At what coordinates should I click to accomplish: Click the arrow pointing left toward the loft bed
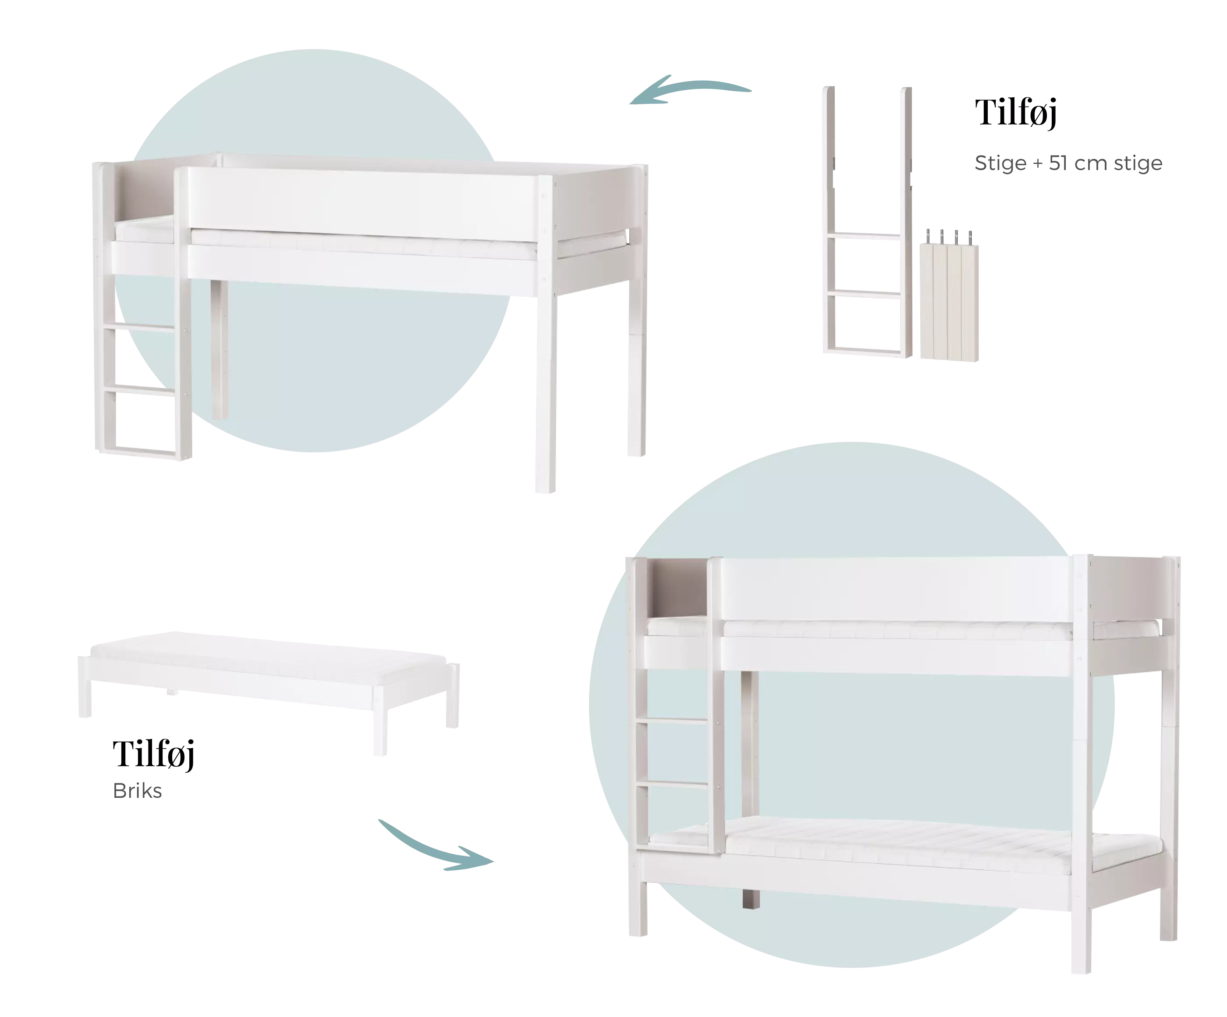click(x=689, y=88)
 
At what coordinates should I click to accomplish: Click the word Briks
click(x=137, y=791)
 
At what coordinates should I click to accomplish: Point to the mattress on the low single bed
click(x=269, y=658)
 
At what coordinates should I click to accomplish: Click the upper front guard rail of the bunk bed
click(x=897, y=589)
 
